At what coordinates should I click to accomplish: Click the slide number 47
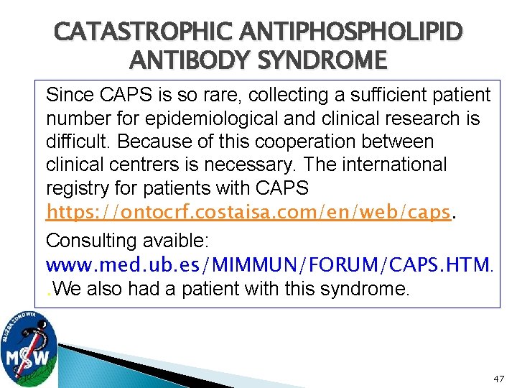[499, 377]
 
